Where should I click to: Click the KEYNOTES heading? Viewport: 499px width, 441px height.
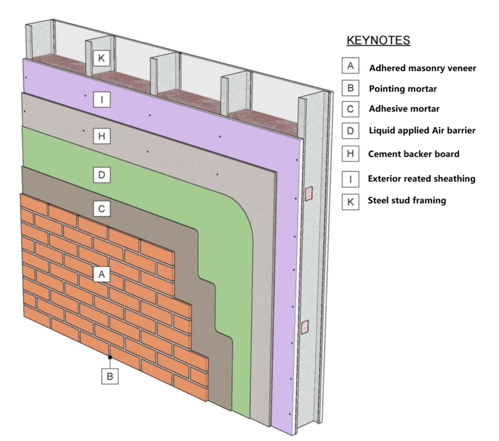pos(378,40)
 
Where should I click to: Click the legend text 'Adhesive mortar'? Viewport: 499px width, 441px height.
pos(404,109)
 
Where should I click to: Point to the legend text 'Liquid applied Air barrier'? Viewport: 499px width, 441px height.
pos(422,130)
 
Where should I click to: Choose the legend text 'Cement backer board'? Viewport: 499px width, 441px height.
pos(414,154)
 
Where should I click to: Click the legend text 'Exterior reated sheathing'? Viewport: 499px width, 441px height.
pos(422,179)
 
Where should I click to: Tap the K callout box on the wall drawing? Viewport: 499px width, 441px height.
pos(101,58)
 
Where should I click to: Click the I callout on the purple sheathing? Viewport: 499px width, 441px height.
pos(101,100)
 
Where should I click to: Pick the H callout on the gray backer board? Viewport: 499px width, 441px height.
pos(101,137)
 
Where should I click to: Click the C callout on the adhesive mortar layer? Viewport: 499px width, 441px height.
pos(101,209)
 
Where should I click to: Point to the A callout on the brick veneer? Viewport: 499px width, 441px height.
pos(101,275)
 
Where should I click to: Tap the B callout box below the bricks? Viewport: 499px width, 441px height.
pos(110,376)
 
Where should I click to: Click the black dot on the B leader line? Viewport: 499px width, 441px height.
pos(110,357)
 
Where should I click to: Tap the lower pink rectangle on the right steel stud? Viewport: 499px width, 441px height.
pos(306,327)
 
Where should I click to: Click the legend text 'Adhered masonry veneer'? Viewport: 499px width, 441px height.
pos(422,68)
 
